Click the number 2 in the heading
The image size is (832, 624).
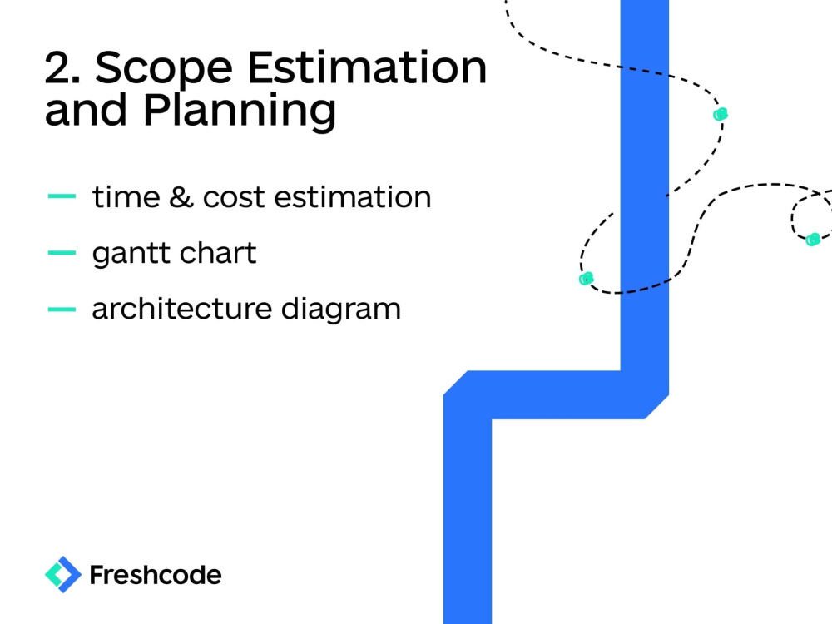pyautogui.click(x=61, y=67)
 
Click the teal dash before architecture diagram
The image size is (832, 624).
pyautogui.click(x=62, y=309)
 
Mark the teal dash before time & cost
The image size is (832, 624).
pyautogui.click(x=62, y=197)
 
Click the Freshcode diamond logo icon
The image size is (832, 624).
pyautogui.click(x=62, y=574)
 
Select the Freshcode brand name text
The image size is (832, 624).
pyautogui.click(x=155, y=574)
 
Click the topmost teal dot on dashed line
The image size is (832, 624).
pyautogui.click(x=721, y=115)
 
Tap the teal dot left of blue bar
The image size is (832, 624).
pyautogui.click(x=586, y=278)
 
